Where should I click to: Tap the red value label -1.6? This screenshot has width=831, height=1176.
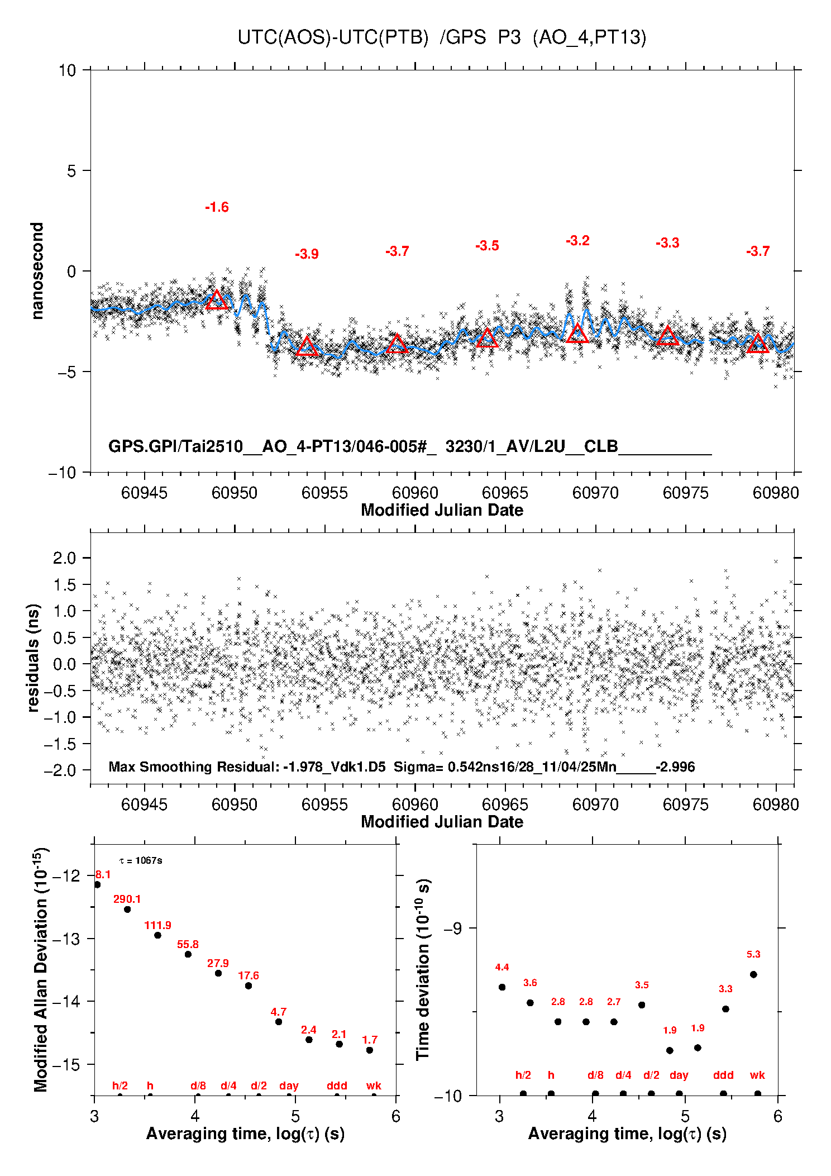tap(217, 207)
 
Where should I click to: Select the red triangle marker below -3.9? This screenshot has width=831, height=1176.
tap(307, 347)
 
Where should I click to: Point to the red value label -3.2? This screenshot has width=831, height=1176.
tap(577, 241)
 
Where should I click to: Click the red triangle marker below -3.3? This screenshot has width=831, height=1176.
tap(667, 336)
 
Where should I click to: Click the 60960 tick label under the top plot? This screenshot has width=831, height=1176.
tap(415, 493)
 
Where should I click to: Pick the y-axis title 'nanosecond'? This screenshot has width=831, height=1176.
tap(37, 271)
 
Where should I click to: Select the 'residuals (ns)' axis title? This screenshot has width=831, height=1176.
tap(34, 658)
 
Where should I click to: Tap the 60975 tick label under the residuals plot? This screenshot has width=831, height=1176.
tap(685, 804)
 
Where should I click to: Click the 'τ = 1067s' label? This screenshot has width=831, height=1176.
tap(141, 860)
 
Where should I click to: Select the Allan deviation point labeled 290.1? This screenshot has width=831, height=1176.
tap(127, 910)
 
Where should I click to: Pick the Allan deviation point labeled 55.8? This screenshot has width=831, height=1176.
tap(188, 954)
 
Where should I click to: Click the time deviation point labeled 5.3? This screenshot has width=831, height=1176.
tap(753, 974)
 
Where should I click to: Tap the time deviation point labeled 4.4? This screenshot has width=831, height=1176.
tap(502, 987)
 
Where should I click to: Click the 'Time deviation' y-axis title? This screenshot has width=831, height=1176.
tap(423, 970)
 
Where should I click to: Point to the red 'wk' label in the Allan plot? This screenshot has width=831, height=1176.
tap(374, 1085)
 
